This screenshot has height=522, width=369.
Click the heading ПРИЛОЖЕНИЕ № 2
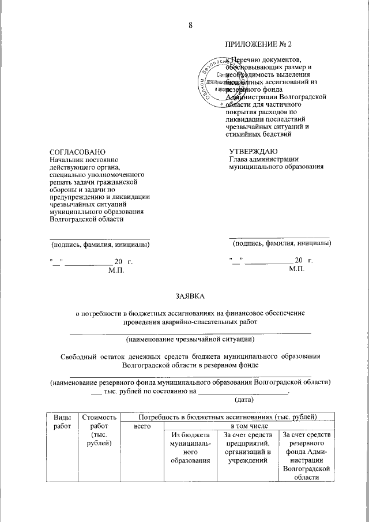coord(258,44)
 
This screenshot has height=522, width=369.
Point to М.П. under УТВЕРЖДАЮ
coord(298,269)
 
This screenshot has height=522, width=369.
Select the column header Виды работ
coord(62,422)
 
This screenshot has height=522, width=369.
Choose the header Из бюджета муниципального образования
coord(190,448)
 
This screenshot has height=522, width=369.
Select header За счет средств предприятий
coord(247,448)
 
